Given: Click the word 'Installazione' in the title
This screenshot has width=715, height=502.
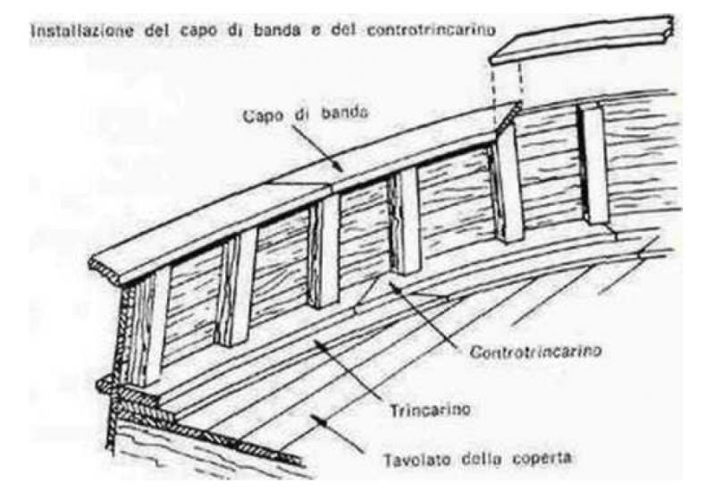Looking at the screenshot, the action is [82, 31].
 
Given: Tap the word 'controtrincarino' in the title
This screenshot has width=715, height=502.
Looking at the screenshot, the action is [431, 30].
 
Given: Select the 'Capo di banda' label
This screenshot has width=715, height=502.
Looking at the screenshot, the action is [306, 115].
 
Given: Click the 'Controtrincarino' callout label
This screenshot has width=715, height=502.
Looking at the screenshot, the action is [535, 352].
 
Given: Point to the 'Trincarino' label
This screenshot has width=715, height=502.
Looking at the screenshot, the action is [430, 409].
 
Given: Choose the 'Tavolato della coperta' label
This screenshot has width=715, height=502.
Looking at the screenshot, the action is [477, 458].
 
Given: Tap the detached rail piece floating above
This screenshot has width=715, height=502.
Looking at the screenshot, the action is [582, 39].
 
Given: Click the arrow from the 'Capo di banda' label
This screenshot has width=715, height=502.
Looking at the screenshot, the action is [317, 148].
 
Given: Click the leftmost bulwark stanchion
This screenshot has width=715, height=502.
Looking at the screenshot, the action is [147, 327].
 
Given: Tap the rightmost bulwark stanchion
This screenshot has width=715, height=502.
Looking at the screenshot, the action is [594, 165].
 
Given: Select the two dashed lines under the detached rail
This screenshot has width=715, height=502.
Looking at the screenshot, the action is [507, 94].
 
